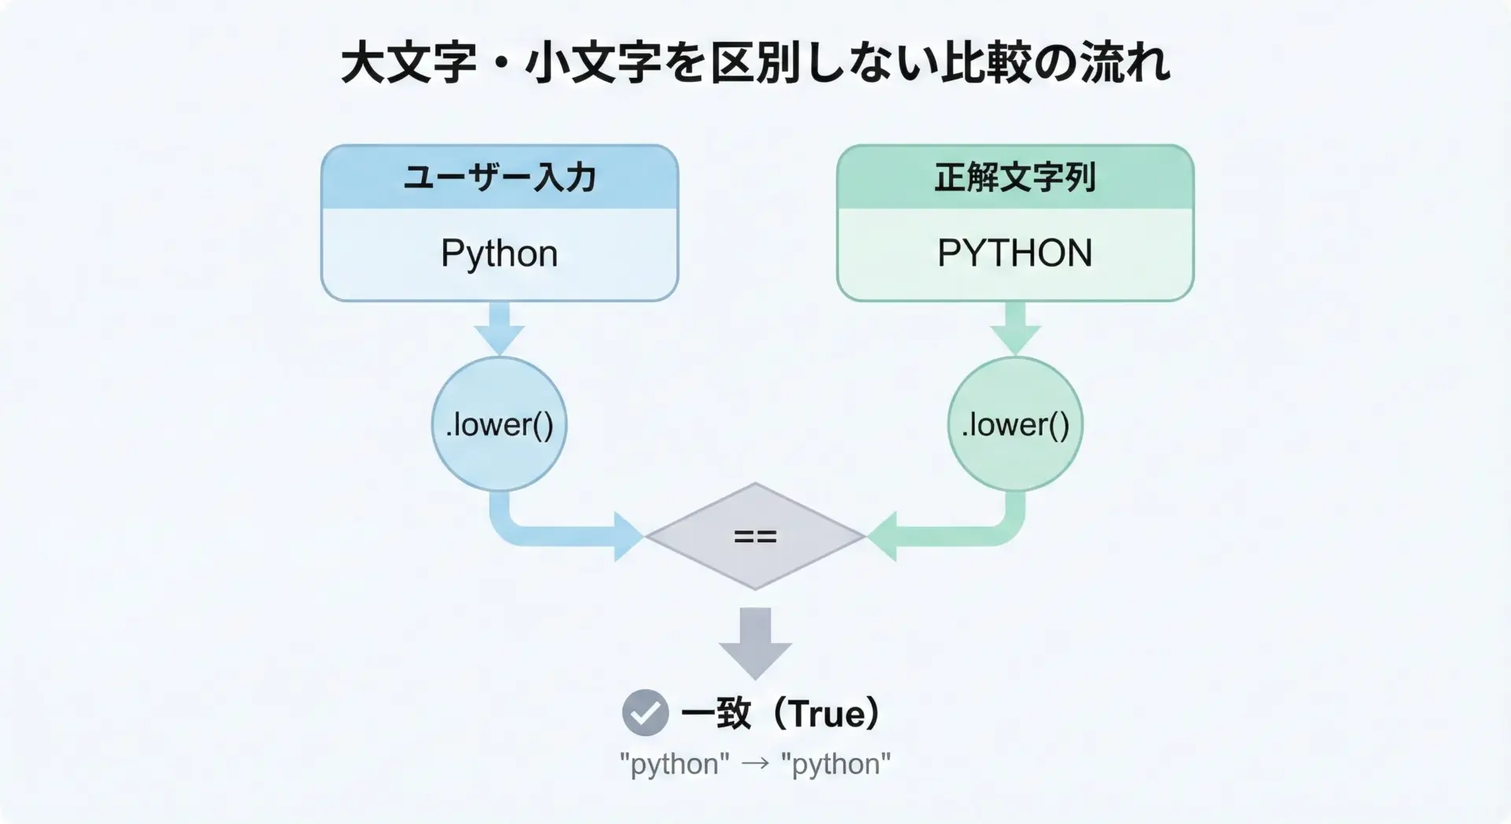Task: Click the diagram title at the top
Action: click(755, 63)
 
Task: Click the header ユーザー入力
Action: click(500, 177)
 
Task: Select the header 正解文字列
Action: click(1015, 177)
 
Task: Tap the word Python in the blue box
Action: click(500, 253)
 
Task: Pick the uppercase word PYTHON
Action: click(1015, 253)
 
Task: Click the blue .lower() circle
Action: click(500, 425)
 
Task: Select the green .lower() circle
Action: click(1015, 425)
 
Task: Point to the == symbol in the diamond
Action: click(755, 537)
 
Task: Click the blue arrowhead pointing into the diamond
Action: click(628, 537)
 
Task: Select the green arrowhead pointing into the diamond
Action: click(883, 537)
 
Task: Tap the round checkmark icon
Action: click(645, 713)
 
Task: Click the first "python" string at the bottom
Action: click(674, 764)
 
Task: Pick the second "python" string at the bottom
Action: click(836, 764)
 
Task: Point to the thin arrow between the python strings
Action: click(755, 764)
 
